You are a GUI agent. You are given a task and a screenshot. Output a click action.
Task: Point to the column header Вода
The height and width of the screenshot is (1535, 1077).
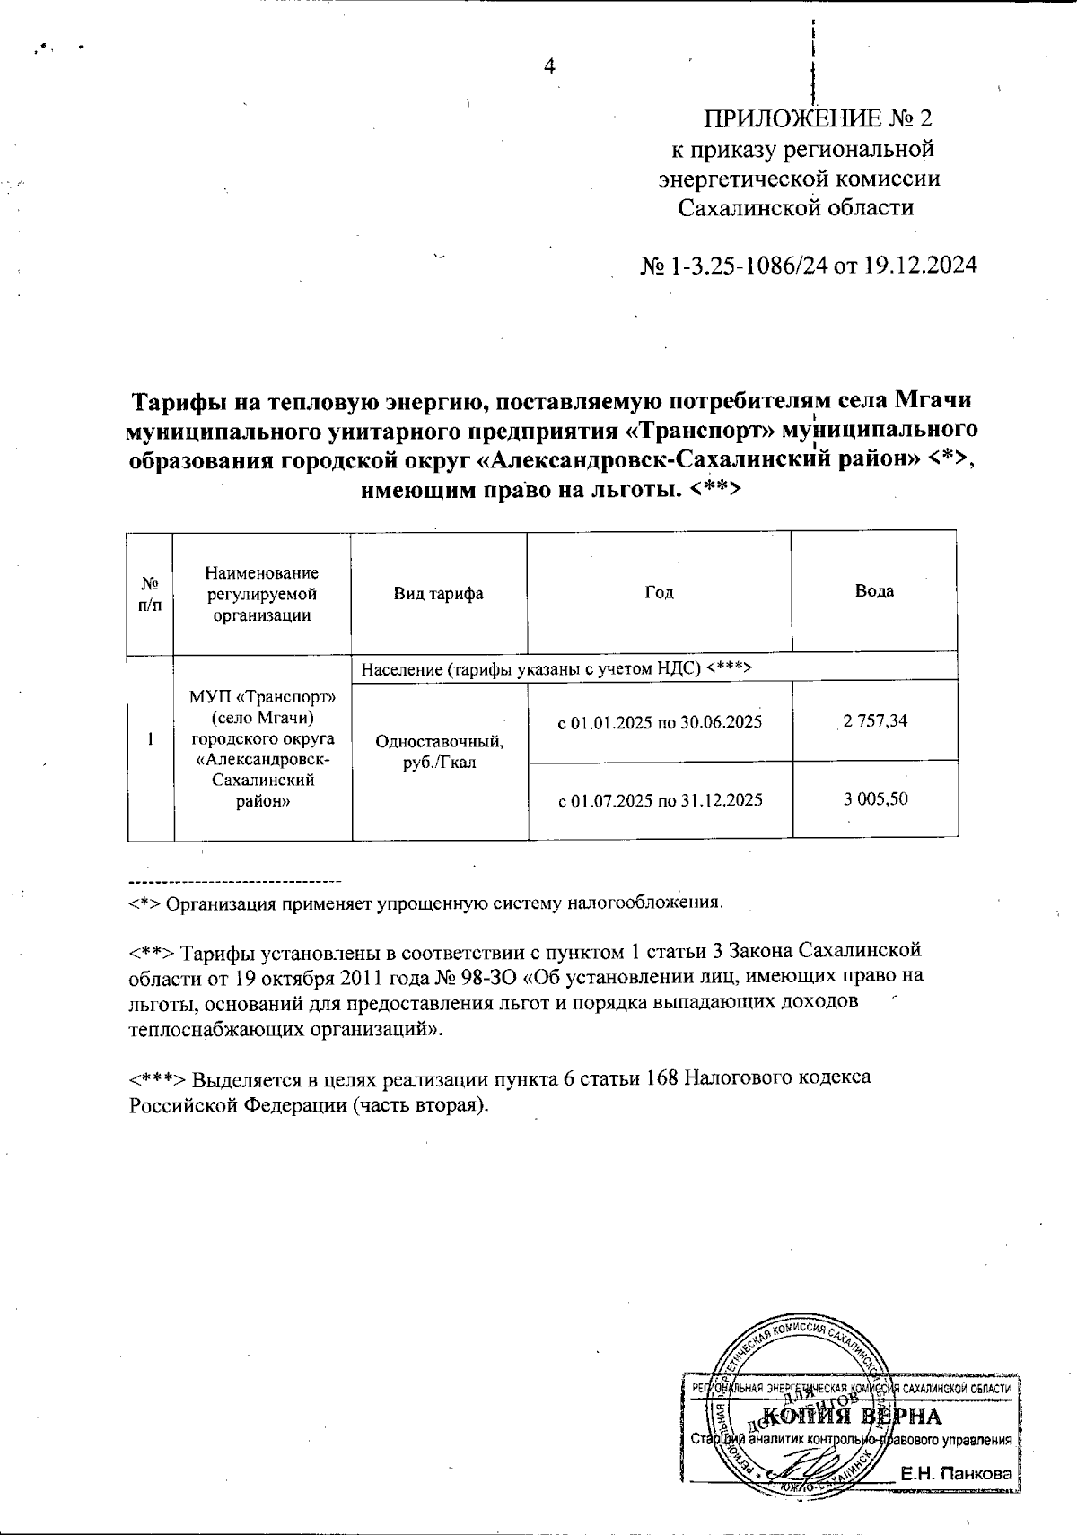pyautogui.click(x=874, y=591)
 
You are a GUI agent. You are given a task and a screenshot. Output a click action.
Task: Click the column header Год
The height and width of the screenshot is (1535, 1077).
pyautogui.click(x=659, y=593)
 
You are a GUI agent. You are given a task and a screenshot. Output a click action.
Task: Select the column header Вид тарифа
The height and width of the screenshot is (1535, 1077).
pyautogui.click(x=439, y=593)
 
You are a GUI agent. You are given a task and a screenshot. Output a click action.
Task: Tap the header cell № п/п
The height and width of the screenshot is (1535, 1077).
pyautogui.click(x=151, y=593)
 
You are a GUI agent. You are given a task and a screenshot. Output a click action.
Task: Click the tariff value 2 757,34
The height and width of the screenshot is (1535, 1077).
pyautogui.click(x=874, y=720)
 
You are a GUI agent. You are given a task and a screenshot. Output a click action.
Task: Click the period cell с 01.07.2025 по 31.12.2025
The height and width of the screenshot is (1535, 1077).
pyautogui.click(x=661, y=799)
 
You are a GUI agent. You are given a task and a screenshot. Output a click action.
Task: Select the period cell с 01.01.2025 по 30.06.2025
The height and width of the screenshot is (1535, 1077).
pyautogui.click(x=661, y=721)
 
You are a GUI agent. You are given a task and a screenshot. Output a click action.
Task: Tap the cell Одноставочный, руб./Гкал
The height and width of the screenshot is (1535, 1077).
pyautogui.click(x=439, y=752)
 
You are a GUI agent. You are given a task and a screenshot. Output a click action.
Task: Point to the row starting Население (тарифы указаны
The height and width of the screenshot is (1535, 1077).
pyautogui.click(x=556, y=668)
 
